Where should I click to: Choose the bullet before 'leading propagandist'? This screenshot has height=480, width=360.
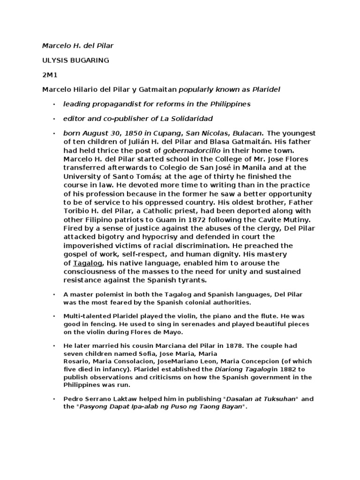point(55,104)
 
